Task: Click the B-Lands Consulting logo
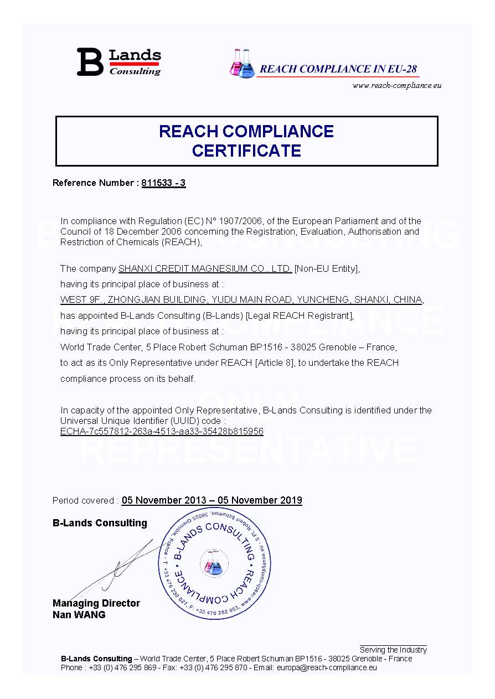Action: (118, 62)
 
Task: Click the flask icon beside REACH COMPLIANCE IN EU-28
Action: (243, 63)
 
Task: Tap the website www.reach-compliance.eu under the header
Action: (396, 85)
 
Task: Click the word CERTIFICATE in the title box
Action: (246, 151)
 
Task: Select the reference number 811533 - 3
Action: (163, 183)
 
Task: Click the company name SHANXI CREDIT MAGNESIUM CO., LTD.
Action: (205, 269)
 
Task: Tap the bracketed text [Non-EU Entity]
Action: (327, 269)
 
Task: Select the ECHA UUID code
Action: (162, 431)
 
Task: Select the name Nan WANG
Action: (79, 614)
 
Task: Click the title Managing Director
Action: (96, 603)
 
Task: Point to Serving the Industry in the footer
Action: (393, 650)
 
